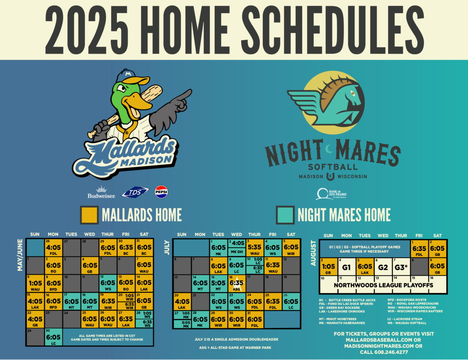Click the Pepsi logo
pos(161,192)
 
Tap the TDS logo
pos(135,192)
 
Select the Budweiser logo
pos(101,192)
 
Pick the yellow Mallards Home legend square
pos(89,215)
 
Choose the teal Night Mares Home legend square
pos(285,215)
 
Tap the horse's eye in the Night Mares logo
pos(352,94)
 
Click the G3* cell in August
pos(401,268)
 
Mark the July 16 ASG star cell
pos(236,284)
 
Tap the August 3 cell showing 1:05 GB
pos(328,268)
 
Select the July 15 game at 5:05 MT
pos(218,284)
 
